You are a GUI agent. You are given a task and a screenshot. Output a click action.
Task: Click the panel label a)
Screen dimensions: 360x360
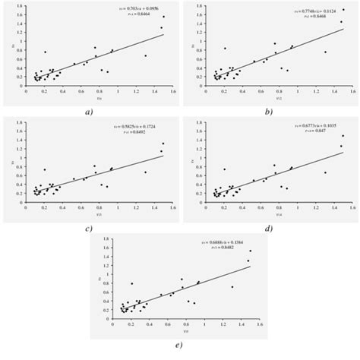point(90,111)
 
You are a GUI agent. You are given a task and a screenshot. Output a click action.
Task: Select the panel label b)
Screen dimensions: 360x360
point(268,111)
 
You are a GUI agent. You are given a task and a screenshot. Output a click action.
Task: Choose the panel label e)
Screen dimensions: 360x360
point(179,344)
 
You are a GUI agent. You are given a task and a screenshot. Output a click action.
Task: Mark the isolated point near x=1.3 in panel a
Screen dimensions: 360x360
point(145,55)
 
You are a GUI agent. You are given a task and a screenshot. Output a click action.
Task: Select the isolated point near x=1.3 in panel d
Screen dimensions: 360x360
point(325,172)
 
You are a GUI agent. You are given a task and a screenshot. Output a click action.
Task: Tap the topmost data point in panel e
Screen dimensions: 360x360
point(251,251)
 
